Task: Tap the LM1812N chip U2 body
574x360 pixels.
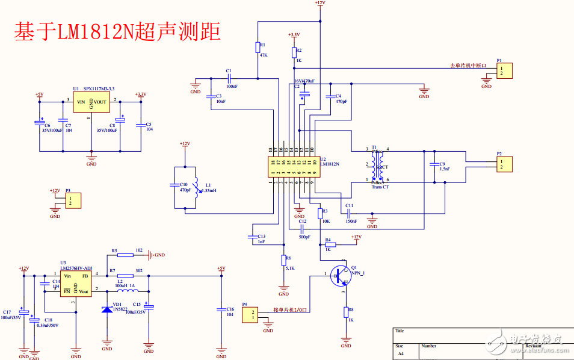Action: pyautogui.click(x=294, y=167)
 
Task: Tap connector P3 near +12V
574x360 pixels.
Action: pyautogui.click(x=73, y=200)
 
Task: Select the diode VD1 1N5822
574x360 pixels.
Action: pyautogui.click(x=107, y=309)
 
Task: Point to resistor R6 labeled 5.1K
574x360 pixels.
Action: pyautogui.click(x=283, y=260)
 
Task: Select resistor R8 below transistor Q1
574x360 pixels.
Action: pyautogui.click(x=346, y=312)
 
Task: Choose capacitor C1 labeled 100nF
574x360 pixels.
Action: pyautogui.click(x=229, y=78)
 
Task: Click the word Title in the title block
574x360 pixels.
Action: pyautogui.click(x=400, y=331)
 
